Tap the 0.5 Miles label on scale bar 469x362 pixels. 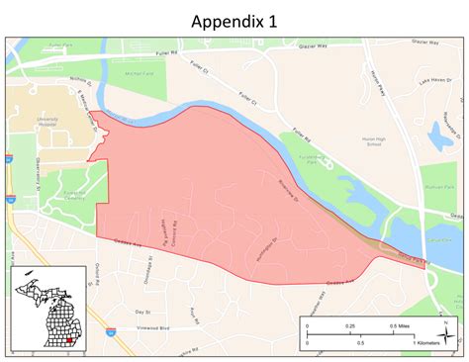tap(400, 325)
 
